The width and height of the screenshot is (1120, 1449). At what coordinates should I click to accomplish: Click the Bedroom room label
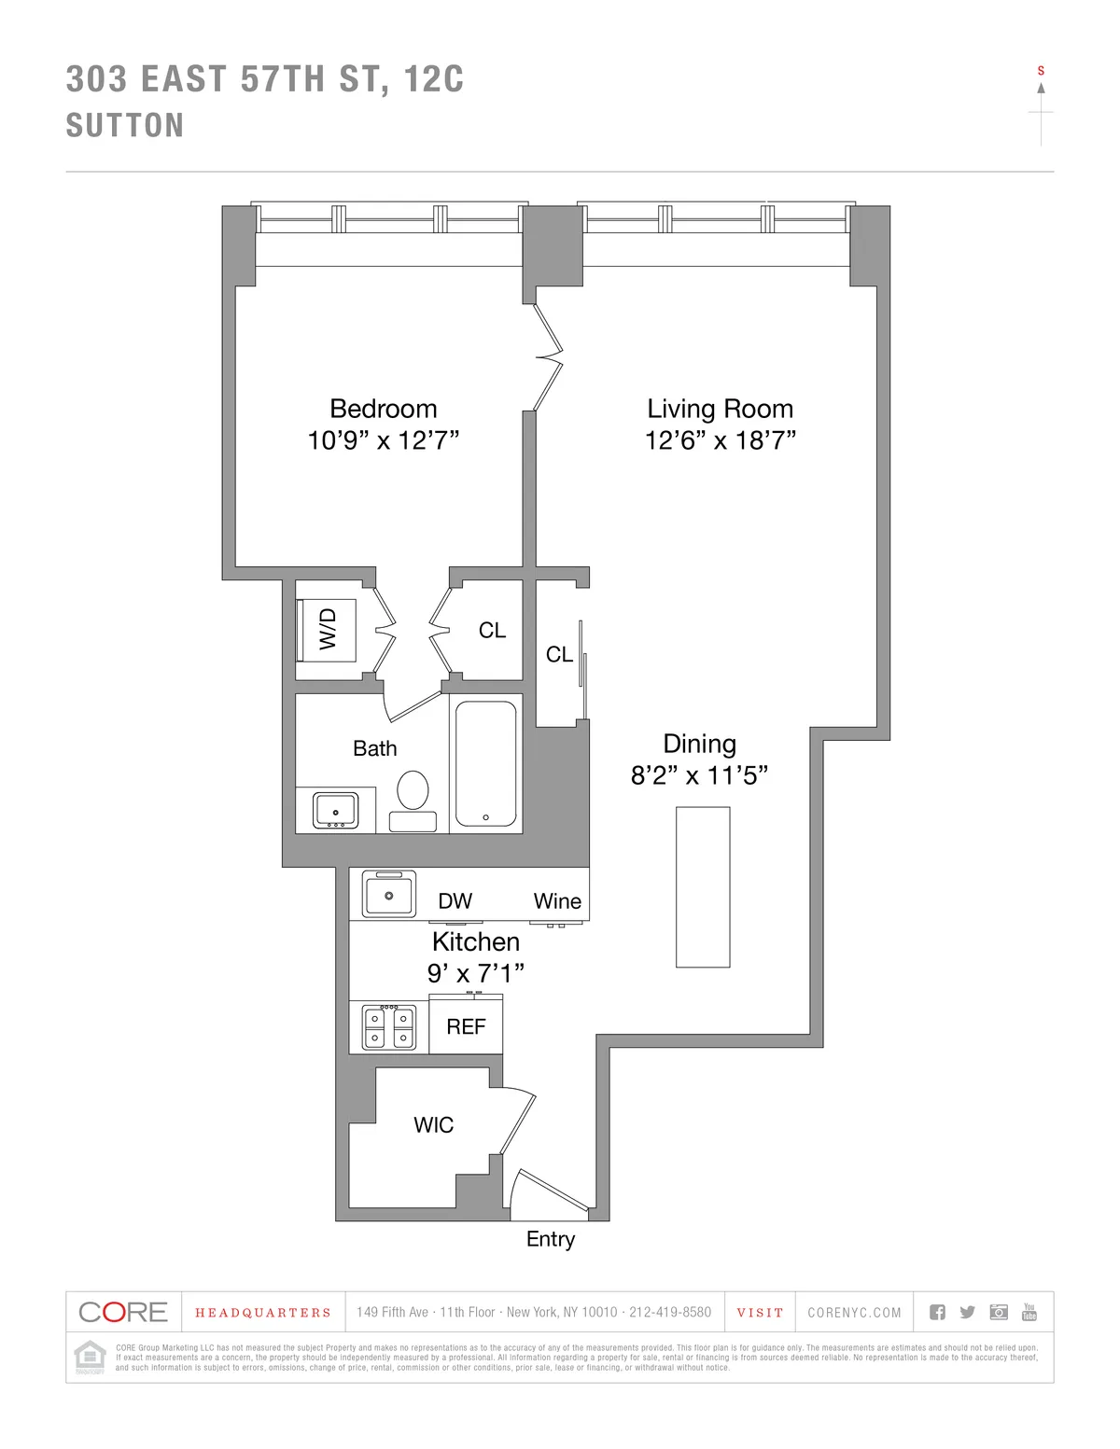pyautogui.click(x=383, y=409)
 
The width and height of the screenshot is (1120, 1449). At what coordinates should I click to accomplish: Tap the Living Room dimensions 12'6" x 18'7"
pyautogui.click(x=720, y=439)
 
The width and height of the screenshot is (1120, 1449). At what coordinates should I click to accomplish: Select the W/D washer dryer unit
pyautogui.click(x=327, y=628)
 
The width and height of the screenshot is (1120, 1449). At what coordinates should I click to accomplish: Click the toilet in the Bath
pyautogui.click(x=412, y=792)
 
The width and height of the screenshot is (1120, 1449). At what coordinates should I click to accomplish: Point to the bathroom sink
pyautogui.click(x=335, y=809)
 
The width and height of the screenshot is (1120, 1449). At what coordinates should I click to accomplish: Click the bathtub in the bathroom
pyautogui.click(x=485, y=762)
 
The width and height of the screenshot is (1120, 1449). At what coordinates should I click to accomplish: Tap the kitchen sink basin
pyautogui.click(x=388, y=895)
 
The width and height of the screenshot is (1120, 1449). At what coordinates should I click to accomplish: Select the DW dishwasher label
pyautogui.click(x=455, y=900)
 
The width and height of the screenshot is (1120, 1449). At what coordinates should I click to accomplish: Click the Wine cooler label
pyautogui.click(x=557, y=900)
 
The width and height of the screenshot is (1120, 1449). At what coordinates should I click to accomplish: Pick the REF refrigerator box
pyautogui.click(x=466, y=1026)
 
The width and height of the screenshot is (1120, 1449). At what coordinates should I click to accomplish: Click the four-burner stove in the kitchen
pyautogui.click(x=388, y=1027)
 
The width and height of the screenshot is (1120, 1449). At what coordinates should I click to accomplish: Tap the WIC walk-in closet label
pyautogui.click(x=433, y=1124)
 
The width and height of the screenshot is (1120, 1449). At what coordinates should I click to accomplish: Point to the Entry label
pyautogui.click(x=551, y=1239)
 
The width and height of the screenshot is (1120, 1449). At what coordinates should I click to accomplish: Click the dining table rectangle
pyautogui.click(x=703, y=887)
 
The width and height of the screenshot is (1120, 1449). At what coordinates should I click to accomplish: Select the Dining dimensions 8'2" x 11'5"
pyautogui.click(x=699, y=775)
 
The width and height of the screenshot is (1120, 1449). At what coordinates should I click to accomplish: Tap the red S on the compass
pyautogui.click(x=1041, y=71)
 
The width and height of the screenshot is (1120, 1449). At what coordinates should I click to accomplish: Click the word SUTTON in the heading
pyautogui.click(x=125, y=126)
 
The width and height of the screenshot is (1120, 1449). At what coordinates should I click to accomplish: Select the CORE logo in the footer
pyautogui.click(x=123, y=1312)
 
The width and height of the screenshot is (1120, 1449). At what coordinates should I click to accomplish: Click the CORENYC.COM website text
pyautogui.click(x=854, y=1313)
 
